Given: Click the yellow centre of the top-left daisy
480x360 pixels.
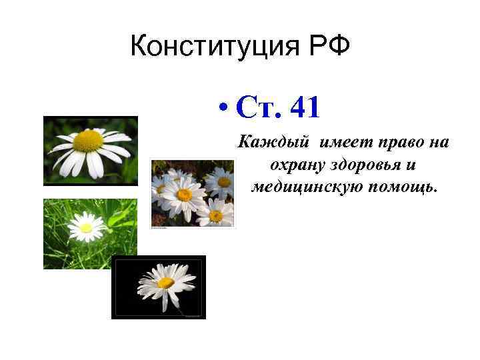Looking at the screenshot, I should (88, 141).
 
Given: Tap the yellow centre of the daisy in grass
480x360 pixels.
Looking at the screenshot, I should (85, 228).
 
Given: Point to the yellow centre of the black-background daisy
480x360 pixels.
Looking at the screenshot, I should (165, 282).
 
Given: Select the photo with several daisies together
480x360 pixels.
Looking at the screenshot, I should (193, 193).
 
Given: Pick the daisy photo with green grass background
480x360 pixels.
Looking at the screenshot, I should (90, 233).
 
